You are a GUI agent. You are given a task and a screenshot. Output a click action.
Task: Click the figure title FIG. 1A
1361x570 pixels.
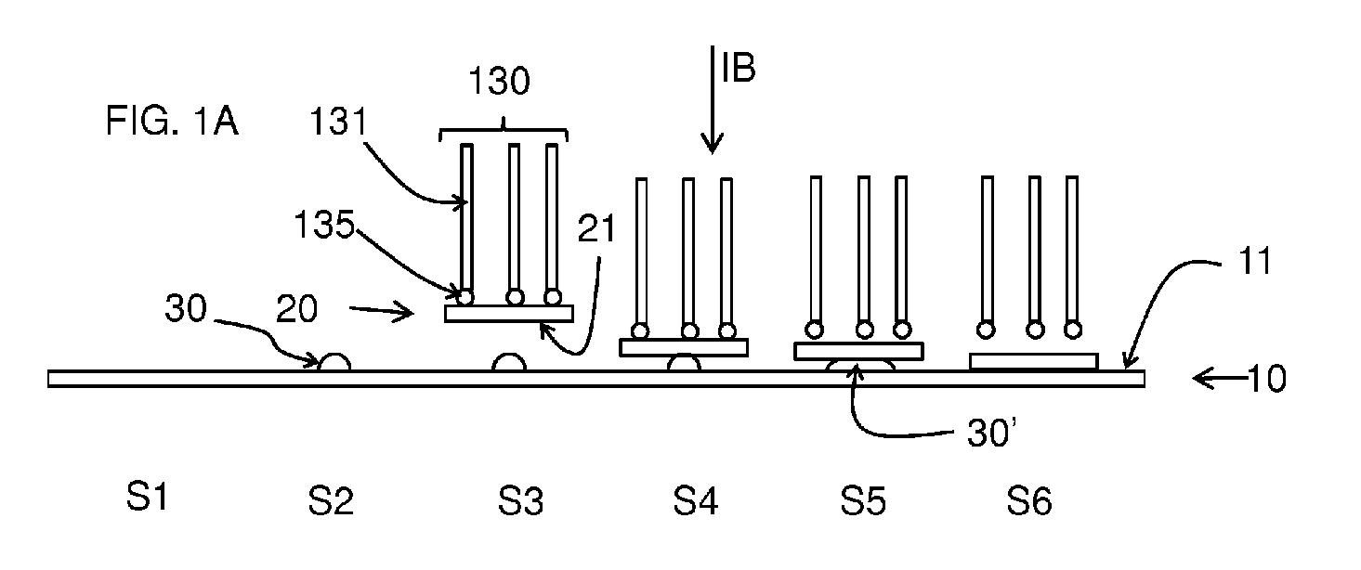tap(172, 120)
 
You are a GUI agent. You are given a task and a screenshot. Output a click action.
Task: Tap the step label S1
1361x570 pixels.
tap(147, 496)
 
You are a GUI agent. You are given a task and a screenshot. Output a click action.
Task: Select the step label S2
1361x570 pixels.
tap(331, 500)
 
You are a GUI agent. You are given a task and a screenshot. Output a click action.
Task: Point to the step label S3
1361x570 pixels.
tap(520, 500)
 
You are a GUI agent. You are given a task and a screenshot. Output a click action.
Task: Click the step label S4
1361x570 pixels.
tap(696, 500)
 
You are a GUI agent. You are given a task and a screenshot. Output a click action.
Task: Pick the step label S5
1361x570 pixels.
tap(863, 500)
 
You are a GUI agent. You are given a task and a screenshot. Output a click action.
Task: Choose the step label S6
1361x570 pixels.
tap(1029, 500)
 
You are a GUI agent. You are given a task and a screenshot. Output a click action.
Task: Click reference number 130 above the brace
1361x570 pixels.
tap(499, 81)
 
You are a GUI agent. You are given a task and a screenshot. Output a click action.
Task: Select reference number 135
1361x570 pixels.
tap(324, 224)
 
